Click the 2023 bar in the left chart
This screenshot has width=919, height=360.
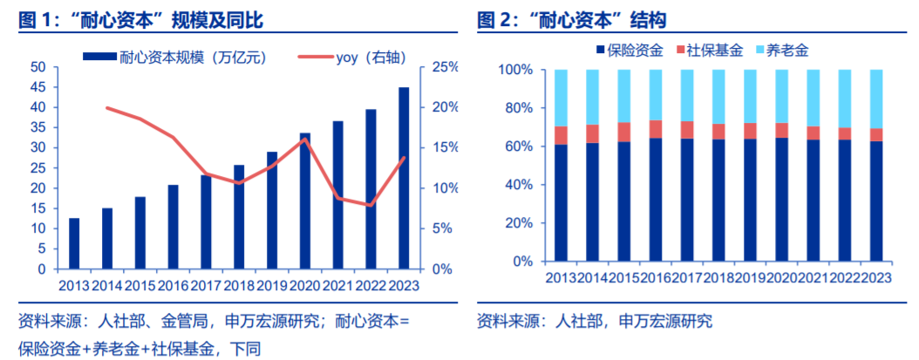[x=404, y=178]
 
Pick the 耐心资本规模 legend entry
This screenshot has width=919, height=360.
[x=174, y=57]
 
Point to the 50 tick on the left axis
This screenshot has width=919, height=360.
[x=37, y=66]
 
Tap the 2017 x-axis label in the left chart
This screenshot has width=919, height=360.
[x=206, y=284]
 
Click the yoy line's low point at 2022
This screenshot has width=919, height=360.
[x=371, y=206]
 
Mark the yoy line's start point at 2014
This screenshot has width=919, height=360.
[x=106, y=107]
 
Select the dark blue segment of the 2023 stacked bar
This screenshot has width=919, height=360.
[x=876, y=201]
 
